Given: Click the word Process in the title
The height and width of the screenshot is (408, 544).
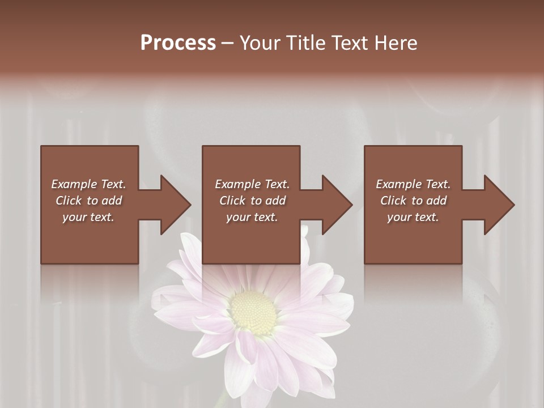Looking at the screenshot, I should [178, 43].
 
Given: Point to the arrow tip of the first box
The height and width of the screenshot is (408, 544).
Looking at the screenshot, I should [190, 205].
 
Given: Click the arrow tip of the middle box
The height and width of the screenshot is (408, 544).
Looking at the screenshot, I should [351, 205].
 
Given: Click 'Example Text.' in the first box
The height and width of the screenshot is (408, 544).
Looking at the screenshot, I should [88, 184].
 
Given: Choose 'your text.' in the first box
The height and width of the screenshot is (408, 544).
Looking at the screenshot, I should [88, 217].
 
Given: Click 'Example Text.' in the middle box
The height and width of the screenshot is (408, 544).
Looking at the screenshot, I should [252, 184].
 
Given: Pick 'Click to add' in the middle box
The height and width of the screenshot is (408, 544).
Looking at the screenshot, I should [252, 201].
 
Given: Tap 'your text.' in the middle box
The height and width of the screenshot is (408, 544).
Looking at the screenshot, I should [252, 217].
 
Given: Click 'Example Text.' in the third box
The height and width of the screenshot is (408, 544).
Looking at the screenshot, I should [413, 184].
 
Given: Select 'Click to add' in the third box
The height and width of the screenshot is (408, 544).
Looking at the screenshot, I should [413, 201].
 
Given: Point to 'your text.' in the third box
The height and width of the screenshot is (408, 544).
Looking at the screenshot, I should [413, 217].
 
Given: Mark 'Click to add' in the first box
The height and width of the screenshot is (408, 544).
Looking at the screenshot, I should [88, 201].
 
